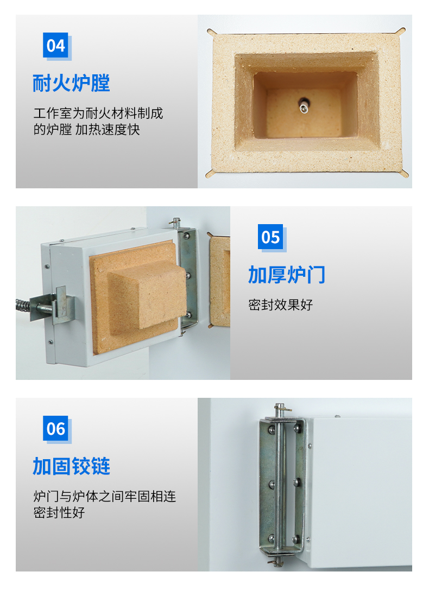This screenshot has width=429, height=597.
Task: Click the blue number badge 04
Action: pyautogui.click(x=55, y=45)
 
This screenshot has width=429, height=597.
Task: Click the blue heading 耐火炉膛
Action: pyautogui.click(x=71, y=83)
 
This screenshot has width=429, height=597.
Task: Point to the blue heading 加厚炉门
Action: pyautogui.click(x=287, y=275)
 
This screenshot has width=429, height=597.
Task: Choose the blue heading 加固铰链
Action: pyautogui.click(x=71, y=466)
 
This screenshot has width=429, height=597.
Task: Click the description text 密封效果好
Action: pyautogui.click(x=280, y=304)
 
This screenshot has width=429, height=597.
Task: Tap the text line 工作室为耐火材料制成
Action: pyautogui.click(x=98, y=113)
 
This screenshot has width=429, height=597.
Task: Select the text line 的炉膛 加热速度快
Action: pyautogui.click(x=86, y=130)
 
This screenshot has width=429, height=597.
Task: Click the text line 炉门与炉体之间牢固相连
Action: pyautogui.click(x=105, y=497)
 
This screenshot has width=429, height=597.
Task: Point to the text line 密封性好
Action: pyautogui.click(x=59, y=512)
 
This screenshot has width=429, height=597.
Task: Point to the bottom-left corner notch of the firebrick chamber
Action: pyautogui.click(x=209, y=174)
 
